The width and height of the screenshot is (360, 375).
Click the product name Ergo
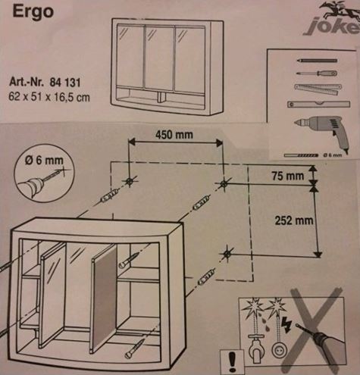click(x=33, y=12)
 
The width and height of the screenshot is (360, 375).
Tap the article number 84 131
click(x=65, y=83)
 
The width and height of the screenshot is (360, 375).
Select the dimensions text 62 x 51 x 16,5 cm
click(x=49, y=97)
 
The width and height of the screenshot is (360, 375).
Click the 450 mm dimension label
click(x=174, y=135)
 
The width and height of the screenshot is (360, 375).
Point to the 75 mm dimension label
click(x=288, y=176)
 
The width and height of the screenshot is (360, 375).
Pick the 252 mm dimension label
click(x=294, y=220)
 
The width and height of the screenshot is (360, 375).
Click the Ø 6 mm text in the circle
click(x=44, y=161)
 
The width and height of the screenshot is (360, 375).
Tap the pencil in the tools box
click(x=317, y=61)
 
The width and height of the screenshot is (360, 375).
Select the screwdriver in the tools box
click(x=317, y=73)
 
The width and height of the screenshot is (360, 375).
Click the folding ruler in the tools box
click(x=318, y=89)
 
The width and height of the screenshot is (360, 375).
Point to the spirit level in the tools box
click(x=318, y=104)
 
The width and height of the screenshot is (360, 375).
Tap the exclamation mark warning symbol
click(x=232, y=362)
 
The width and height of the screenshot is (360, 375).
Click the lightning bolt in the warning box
click(x=286, y=324)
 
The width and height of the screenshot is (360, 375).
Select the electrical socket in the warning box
click(x=280, y=350)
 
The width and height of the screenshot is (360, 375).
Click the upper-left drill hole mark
click(x=130, y=181)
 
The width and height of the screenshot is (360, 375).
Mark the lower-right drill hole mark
click(x=227, y=254)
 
